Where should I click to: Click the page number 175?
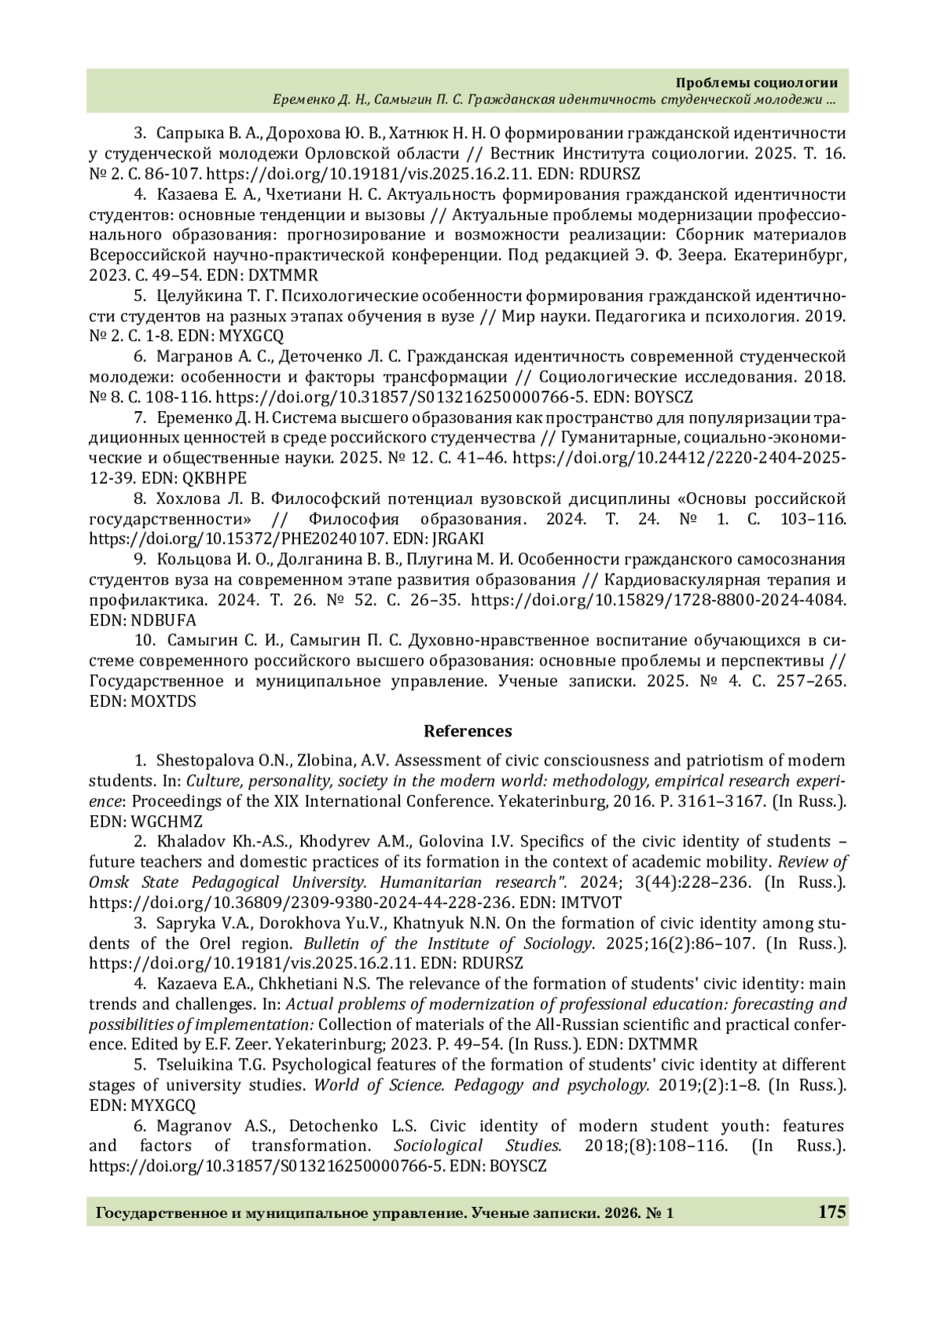(x=831, y=1212)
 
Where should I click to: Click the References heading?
(x=467, y=731)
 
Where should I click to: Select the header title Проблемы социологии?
(x=756, y=83)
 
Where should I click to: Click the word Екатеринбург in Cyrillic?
(x=797, y=255)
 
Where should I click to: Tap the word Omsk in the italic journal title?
(x=107, y=882)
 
